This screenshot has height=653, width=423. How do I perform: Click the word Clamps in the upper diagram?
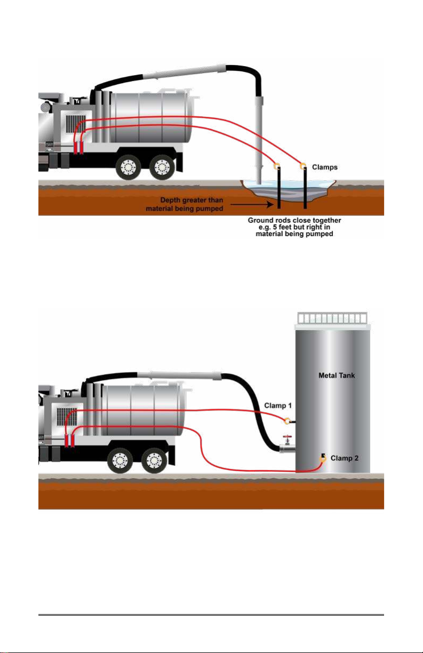[x=324, y=167]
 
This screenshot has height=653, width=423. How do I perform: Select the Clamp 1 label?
[x=278, y=406]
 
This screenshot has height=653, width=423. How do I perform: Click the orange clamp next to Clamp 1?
[x=288, y=421]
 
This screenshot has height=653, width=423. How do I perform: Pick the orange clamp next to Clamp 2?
[x=323, y=457]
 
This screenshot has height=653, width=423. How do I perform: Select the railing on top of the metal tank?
[x=332, y=318]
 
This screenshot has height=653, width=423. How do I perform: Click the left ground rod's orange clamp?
[x=277, y=167]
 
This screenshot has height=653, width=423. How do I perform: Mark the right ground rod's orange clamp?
[x=304, y=166]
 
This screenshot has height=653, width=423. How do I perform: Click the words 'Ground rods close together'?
[x=290, y=220]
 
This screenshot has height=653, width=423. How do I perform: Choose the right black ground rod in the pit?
[x=305, y=189]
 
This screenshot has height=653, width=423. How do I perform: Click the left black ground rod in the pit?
[x=278, y=189]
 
